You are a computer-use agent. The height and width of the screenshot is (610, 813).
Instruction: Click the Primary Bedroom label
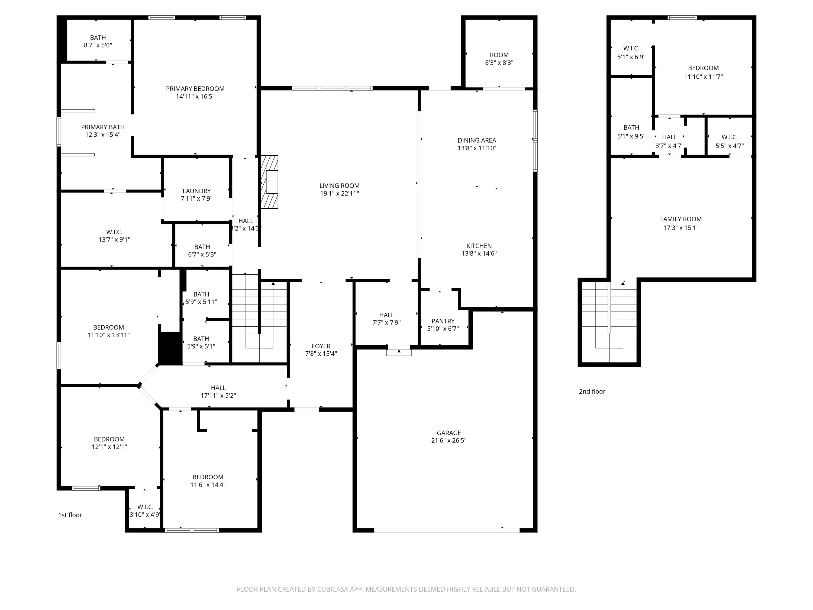click(x=195, y=89)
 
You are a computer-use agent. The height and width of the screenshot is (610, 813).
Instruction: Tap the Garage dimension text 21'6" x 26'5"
click(x=449, y=441)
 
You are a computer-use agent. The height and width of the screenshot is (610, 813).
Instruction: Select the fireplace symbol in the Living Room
click(x=270, y=182)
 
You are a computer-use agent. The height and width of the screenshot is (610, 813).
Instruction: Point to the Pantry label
click(x=443, y=321)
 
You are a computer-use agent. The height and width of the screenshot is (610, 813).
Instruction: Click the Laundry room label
click(x=197, y=191)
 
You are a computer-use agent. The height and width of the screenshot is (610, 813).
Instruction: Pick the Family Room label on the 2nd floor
click(x=681, y=219)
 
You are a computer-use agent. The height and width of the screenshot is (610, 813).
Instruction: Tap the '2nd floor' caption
click(x=592, y=391)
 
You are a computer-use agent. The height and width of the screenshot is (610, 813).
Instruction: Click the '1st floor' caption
click(x=70, y=515)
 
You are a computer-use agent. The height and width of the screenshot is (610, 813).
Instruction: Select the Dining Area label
click(x=477, y=140)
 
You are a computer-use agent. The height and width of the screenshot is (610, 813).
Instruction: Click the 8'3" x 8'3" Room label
click(x=499, y=55)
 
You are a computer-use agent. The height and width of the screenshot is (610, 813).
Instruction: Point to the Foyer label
click(x=321, y=346)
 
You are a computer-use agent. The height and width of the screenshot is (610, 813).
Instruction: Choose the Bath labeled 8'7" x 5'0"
click(x=98, y=37)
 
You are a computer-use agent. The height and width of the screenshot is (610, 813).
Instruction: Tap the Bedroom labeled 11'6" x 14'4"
click(x=208, y=477)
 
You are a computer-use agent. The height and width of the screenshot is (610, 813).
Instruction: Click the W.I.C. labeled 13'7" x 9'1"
click(x=114, y=232)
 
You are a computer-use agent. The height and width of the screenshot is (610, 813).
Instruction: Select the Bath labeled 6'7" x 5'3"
click(x=202, y=247)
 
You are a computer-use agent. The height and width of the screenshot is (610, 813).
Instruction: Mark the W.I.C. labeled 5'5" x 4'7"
click(x=729, y=137)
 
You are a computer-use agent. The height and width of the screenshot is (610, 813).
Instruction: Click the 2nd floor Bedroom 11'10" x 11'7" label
click(x=703, y=68)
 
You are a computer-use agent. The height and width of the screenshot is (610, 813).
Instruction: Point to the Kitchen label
click(x=479, y=246)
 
